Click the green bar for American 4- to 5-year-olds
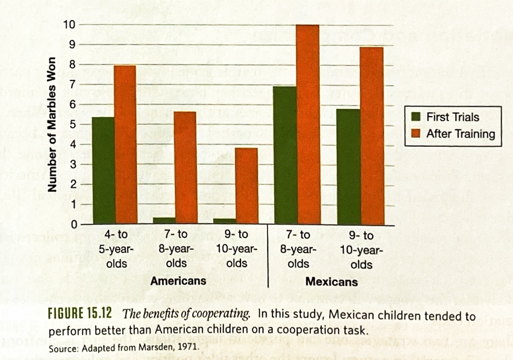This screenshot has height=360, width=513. pyautogui.click(x=104, y=170)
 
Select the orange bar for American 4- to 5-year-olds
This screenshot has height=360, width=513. pyautogui.click(x=125, y=144)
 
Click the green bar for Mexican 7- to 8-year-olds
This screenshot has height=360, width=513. pyautogui.click(x=285, y=155)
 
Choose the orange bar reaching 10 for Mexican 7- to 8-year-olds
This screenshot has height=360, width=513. pyautogui.click(x=308, y=124)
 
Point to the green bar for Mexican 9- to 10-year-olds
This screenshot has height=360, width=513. pyautogui.click(x=349, y=166)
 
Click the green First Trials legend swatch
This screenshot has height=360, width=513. pyautogui.click(x=416, y=117)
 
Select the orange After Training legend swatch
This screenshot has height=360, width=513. pyautogui.click(x=416, y=133)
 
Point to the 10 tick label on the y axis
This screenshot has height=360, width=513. pyautogui.click(x=70, y=25)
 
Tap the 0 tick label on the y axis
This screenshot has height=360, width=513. pyautogui.click(x=73, y=225)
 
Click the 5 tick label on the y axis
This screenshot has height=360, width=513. pyautogui.click(x=73, y=125)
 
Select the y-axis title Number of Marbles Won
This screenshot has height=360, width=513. pyautogui.click(x=51, y=125)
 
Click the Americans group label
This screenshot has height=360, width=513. pyautogui.click(x=178, y=281)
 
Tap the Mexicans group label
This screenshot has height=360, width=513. pyautogui.click(x=331, y=282)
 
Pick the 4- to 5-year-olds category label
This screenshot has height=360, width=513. pyautogui.click(x=116, y=249)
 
